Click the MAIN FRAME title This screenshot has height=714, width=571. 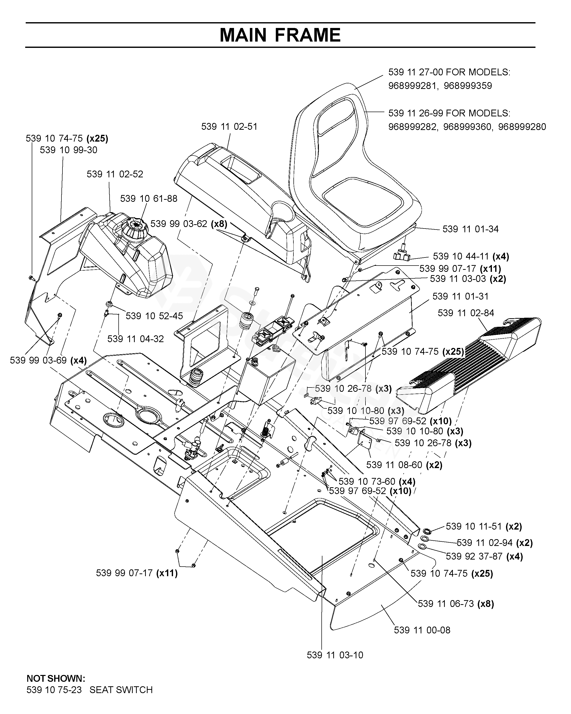tap(280, 35)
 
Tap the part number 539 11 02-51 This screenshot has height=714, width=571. tap(229, 126)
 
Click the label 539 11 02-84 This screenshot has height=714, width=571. tap(466, 313)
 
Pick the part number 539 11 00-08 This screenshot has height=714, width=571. tap(422, 630)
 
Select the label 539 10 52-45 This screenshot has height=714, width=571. tap(154, 316)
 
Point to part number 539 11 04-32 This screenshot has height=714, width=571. tap(136, 339)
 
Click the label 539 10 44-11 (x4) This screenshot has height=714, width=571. tap(471, 256)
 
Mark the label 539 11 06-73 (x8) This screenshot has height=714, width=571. tap(456, 604)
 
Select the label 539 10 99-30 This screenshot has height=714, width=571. tap(69, 150)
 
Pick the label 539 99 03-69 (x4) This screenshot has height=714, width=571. tap(48, 360)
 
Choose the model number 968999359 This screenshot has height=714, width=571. tap(468, 86)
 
